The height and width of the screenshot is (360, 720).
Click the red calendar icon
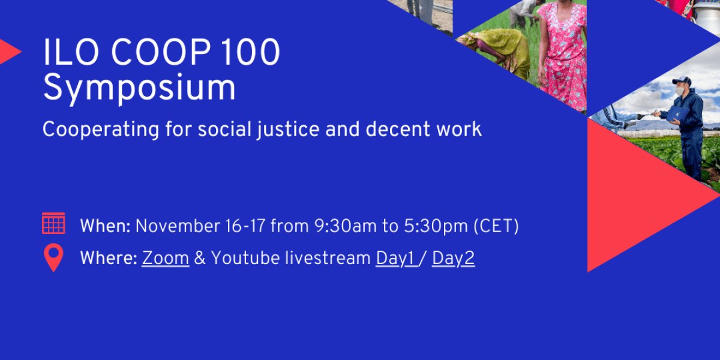53,223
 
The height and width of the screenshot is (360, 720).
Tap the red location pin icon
53,258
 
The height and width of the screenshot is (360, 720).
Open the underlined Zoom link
165,259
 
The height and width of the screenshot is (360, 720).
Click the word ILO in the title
71,52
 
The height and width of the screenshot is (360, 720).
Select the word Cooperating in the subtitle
101,130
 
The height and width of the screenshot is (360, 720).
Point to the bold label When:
105,226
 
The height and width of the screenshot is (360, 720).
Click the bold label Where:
109,258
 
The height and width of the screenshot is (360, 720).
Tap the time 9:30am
345,226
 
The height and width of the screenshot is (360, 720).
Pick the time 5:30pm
436,226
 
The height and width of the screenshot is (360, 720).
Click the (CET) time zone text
496,226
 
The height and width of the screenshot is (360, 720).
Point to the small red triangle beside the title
9,52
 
